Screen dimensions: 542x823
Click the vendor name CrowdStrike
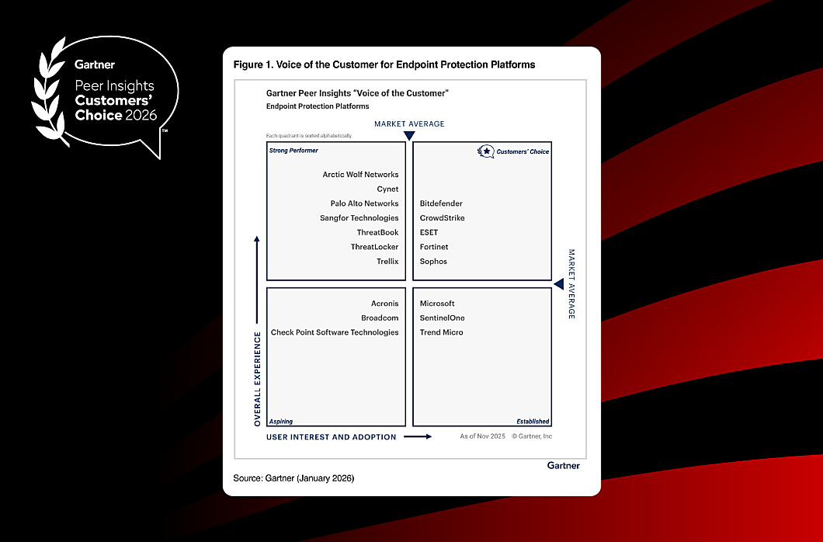tap(442, 218)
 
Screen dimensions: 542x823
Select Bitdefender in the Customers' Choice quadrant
tap(441, 203)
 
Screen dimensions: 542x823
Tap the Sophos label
tap(433, 262)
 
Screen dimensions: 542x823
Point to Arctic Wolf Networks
tap(360, 175)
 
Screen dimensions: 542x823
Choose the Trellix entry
tap(387, 262)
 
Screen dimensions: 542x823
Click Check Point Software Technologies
tap(335, 332)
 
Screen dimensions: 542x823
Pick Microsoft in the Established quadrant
tap(437, 304)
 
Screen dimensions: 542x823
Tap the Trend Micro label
tap(441, 332)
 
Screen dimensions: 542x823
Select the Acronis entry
tap(384, 304)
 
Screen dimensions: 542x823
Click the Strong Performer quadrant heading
tap(293, 151)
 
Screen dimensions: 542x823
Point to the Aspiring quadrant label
tap(281, 422)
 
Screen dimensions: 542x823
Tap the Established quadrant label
tap(532, 422)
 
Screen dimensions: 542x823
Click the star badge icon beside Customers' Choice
tap(486, 151)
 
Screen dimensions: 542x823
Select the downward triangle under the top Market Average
tap(409, 136)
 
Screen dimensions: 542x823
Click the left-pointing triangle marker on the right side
tap(558, 284)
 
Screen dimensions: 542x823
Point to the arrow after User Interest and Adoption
tap(418, 437)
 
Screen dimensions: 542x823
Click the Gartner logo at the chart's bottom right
tap(563, 465)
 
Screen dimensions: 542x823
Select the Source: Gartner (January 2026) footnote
tap(293, 478)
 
